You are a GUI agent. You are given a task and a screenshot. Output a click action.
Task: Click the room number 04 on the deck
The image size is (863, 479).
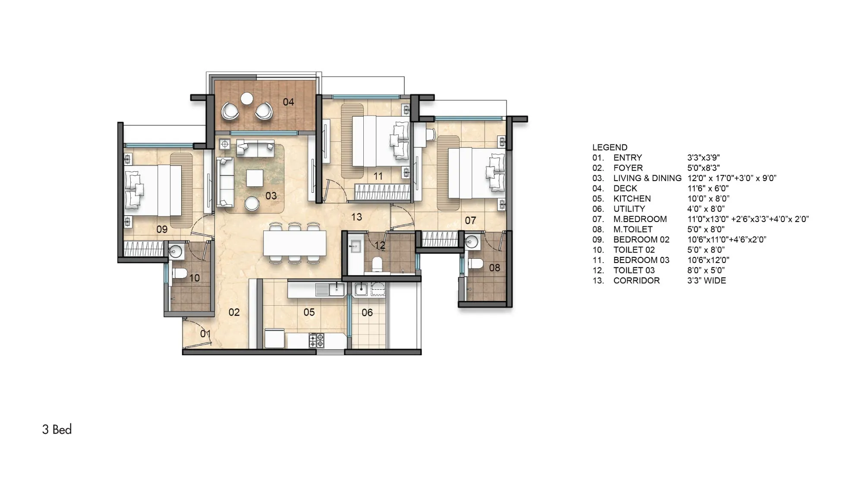288,102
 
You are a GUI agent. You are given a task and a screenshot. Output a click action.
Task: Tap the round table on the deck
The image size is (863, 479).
247,99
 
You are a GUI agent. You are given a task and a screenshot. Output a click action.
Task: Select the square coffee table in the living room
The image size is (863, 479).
255,178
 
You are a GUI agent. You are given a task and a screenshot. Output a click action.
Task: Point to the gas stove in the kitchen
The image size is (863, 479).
316,341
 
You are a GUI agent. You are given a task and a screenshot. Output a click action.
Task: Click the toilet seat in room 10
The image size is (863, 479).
180,273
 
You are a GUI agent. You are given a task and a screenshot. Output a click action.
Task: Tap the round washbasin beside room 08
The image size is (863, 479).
473,242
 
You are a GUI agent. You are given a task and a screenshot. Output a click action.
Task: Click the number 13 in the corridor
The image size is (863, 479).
356,217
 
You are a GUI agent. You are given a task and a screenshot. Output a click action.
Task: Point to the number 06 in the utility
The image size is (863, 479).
367,313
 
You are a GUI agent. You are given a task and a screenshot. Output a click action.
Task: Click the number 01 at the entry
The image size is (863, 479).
205,334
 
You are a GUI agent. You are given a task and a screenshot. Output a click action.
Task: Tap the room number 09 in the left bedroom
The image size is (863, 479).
162,229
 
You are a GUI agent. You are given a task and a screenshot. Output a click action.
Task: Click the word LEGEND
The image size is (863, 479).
610,147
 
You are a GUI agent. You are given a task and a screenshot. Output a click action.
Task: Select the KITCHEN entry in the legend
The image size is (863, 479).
632,199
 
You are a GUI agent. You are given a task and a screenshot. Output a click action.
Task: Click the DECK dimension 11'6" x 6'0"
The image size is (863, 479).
708,188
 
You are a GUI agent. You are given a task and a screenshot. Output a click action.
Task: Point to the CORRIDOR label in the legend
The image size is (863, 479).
636,281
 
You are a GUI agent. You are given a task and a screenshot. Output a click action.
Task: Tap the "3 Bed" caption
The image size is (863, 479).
57,429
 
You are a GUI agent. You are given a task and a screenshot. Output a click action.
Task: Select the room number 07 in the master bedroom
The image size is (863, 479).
470,221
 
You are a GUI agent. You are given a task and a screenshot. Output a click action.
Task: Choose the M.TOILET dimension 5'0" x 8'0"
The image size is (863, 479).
706,229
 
